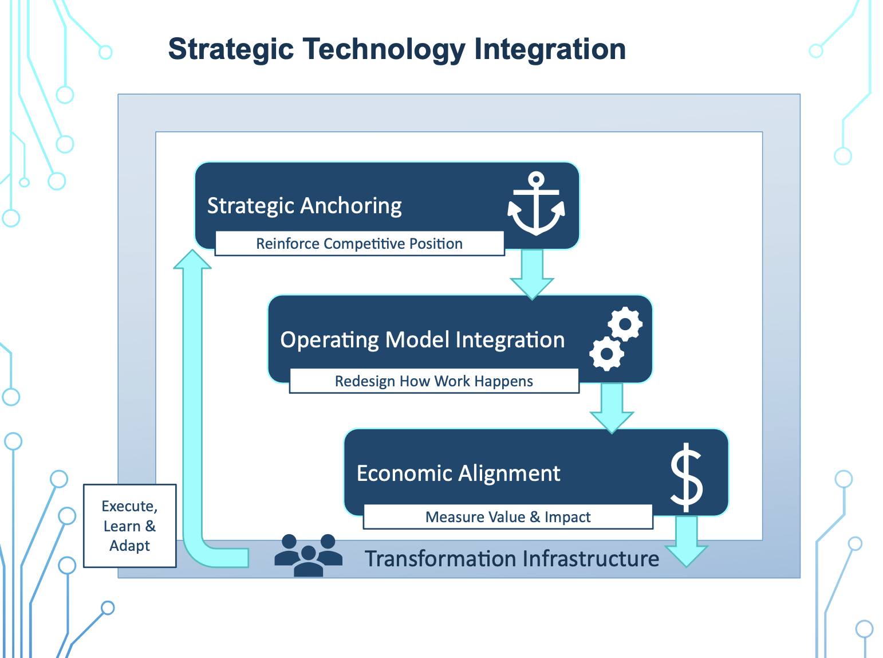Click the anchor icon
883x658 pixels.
click(x=536, y=204)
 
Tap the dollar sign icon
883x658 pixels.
click(x=686, y=477)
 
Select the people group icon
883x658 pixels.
click(x=308, y=555)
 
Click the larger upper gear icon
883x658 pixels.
click(x=625, y=324)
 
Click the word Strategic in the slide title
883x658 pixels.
click(x=231, y=49)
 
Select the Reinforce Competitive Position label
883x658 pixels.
click(x=359, y=244)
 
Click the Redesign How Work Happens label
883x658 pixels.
click(x=433, y=381)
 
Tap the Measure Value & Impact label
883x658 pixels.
click(x=507, y=517)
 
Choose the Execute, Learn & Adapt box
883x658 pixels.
click(x=130, y=526)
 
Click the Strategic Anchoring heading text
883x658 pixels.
click(x=304, y=205)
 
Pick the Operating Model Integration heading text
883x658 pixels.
click(x=422, y=340)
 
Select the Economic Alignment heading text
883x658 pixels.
click(x=458, y=473)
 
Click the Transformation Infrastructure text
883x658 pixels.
click(x=512, y=558)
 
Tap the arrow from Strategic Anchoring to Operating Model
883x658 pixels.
click(x=532, y=274)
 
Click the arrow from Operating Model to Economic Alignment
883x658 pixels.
click(x=612, y=408)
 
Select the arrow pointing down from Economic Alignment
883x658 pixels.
click(x=686, y=542)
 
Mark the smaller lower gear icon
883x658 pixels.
click(x=606, y=354)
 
